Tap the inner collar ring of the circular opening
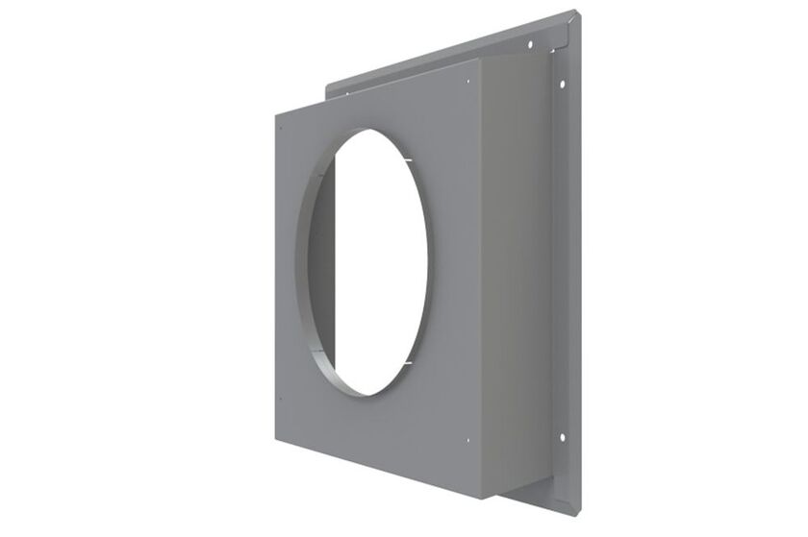tap(310, 288)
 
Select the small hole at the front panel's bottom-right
tap(467, 441)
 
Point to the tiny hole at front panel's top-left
tap(279, 126)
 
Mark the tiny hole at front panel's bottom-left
tap(279, 399)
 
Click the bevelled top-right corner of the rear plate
tap(574, 14)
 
